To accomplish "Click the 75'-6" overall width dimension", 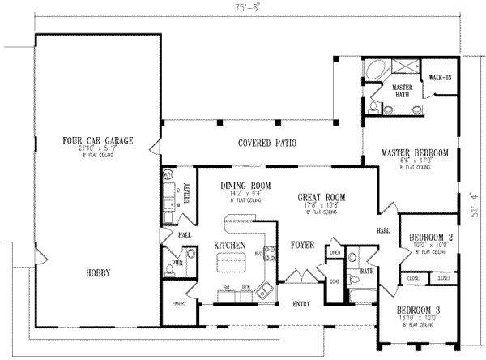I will click(242, 7).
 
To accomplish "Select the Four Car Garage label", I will click(97, 140).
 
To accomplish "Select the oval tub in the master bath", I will click(375, 71).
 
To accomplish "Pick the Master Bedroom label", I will click(416, 152).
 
